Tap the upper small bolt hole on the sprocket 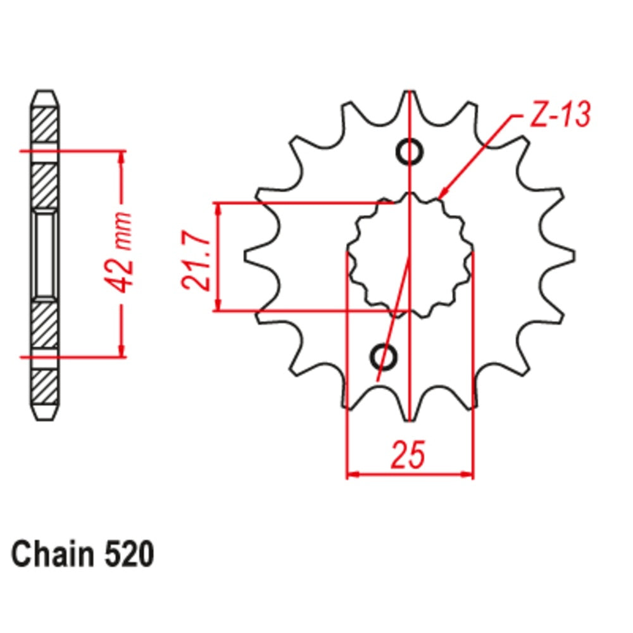tap(410, 152)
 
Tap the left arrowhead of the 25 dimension tap(351, 473)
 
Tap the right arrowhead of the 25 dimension tap(468, 473)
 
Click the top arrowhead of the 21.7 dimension tap(218, 208)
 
